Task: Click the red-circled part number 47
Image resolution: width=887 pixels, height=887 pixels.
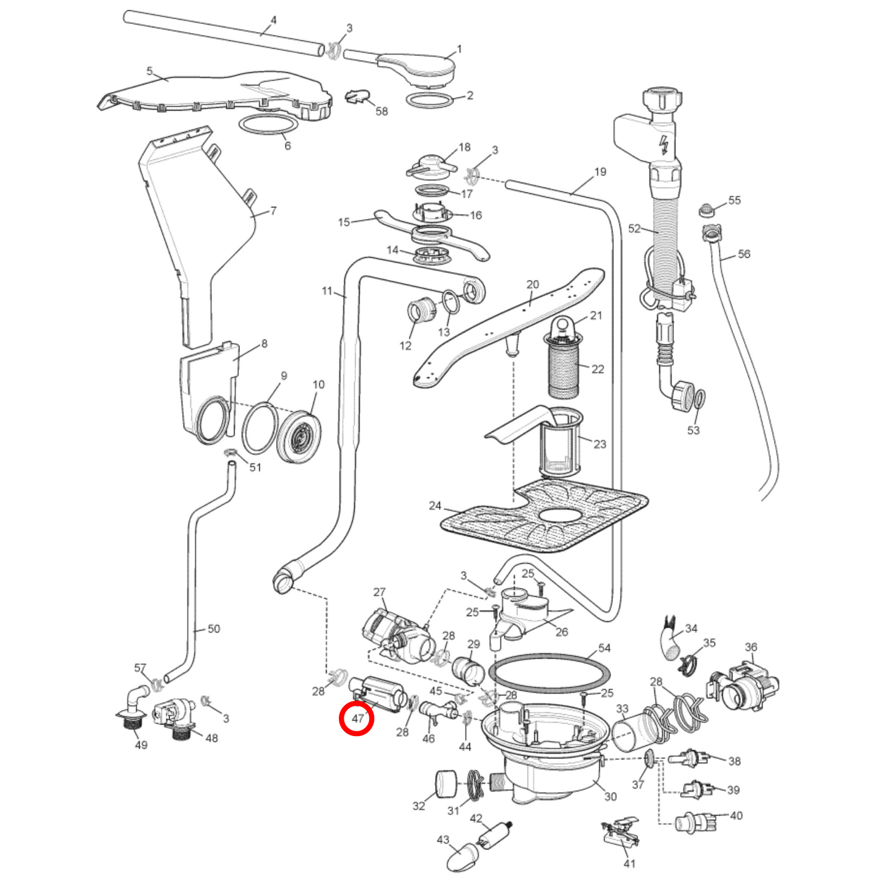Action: click(357, 718)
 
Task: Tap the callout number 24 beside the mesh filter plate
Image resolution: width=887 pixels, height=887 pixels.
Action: click(435, 505)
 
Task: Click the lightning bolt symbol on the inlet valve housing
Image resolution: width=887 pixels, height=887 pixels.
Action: click(663, 145)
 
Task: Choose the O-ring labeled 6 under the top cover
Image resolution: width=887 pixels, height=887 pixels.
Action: click(268, 124)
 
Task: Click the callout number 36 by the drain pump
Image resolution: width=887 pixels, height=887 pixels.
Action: click(751, 647)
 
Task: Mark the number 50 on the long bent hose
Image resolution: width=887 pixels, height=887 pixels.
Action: click(214, 629)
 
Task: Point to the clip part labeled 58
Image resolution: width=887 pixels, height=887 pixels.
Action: click(357, 96)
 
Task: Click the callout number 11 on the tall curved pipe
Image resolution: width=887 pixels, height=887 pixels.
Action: click(327, 290)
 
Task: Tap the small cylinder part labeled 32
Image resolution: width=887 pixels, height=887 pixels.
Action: click(446, 784)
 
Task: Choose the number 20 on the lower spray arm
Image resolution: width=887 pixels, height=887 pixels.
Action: click(532, 284)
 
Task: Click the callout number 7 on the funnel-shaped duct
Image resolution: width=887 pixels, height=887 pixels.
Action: click(273, 211)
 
